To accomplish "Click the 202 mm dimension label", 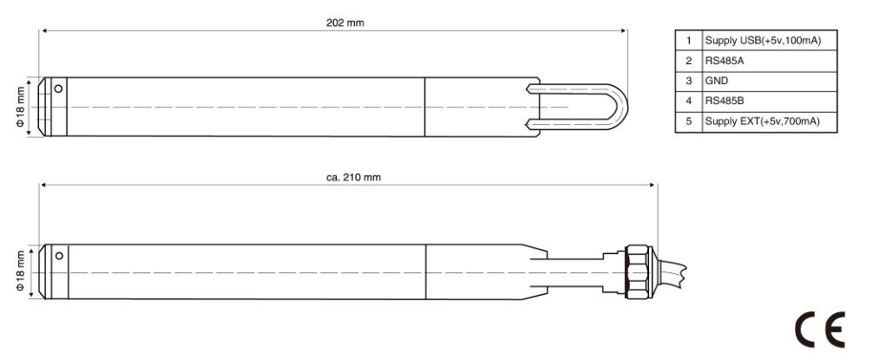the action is click(x=344, y=23).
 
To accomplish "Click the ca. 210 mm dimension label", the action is click(x=353, y=177).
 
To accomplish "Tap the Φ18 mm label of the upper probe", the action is click(x=21, y=107).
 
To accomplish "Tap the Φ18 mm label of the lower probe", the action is click(x=21, y=272).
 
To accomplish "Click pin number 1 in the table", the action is click(x=689, y=41).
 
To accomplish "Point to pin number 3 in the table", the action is click(x=689, y=81).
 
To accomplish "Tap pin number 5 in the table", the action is click(x=689, y=121).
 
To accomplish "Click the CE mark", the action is click(x=820, y=331).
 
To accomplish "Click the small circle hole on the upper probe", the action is click(x=58, y=88).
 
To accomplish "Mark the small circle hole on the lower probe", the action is click(x=59, y=256).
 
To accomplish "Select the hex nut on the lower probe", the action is click(x=638, y=272).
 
